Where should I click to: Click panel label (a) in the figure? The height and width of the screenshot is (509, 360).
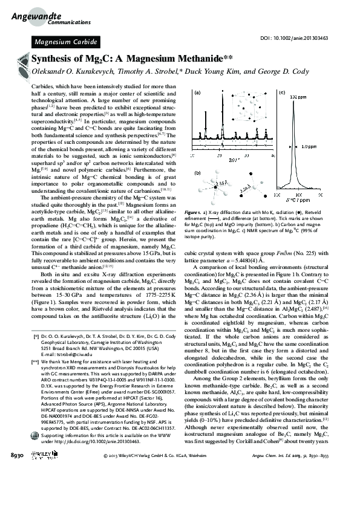tap(197, 93)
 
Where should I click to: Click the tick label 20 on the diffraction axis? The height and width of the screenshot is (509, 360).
tap(209, 155)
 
